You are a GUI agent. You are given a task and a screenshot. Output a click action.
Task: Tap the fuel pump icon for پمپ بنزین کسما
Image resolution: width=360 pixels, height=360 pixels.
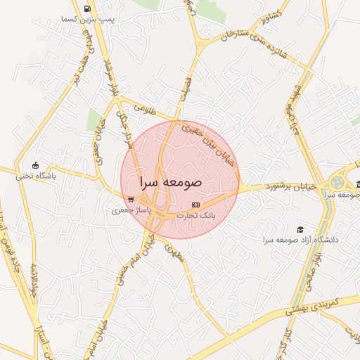pyautogui.click(x=86, y=9)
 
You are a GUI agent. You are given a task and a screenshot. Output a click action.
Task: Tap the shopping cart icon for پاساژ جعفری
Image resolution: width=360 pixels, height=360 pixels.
pyautogui.click(x=130, y=199)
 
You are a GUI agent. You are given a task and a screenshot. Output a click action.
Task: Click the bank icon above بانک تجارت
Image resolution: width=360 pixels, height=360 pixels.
pyautogui.click(x=195, y=205)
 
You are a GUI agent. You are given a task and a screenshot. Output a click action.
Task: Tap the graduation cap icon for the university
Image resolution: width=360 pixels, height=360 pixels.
pyautogui.click(x=300, y=229)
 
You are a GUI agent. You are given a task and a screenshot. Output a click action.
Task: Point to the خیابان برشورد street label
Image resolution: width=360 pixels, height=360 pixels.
pyautogui.click(x=290, y=186)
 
